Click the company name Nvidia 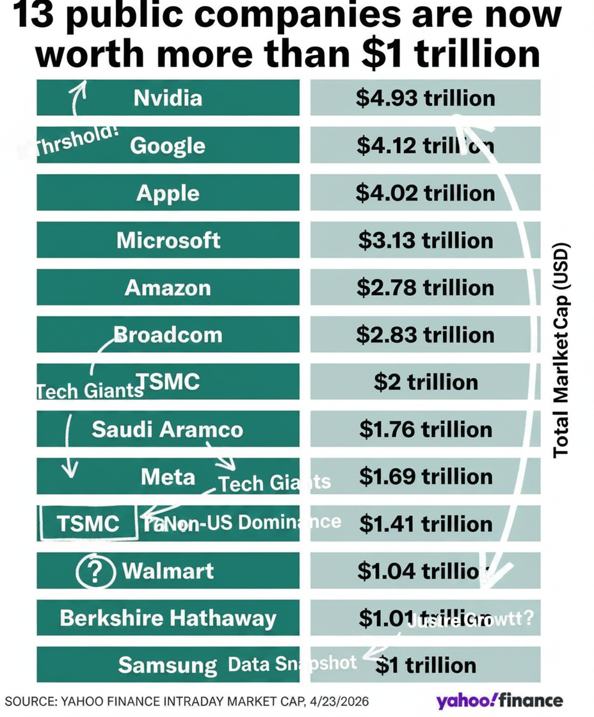168,98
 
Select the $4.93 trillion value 425,99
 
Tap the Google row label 168,146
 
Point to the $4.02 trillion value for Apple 425,193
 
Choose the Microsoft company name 168,241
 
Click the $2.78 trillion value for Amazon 425,287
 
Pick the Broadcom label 168,335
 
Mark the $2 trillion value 425,382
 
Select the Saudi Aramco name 167,429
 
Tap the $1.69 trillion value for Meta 425,476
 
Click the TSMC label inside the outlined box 88,524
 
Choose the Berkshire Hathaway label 168,618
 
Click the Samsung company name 168,665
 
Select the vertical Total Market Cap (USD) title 561,351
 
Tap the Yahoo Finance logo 499,700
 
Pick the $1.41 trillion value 425,524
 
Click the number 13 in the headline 35,16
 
